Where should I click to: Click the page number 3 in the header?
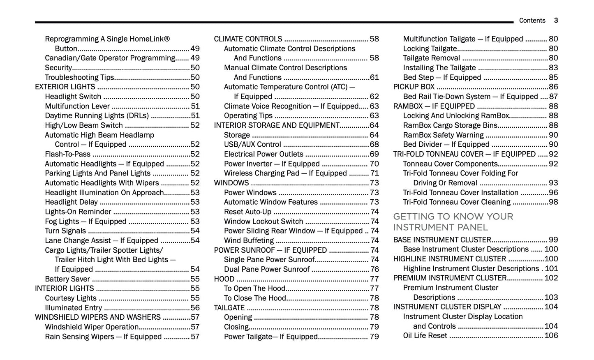[556, 21]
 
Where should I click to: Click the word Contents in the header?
[532, 21]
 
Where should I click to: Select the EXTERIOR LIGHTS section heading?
[65, 87]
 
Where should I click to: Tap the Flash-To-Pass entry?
[67, 154]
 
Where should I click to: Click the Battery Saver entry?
[67, 279]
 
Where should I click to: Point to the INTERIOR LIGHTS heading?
[64, 288]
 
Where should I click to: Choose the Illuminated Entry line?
[73, 308]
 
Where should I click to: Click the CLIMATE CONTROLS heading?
[248, 39]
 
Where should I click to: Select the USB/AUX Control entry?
[252, 144]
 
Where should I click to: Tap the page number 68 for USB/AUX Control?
[374, 144]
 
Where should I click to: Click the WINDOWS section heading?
[231, 183]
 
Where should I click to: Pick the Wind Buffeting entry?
[249, 240]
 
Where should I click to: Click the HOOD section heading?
[224, 279]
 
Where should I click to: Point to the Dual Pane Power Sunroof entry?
[266, 269]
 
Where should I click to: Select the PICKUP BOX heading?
[414, 87]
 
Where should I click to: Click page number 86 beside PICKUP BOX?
[553, 87]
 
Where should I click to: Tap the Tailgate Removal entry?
[431, 58]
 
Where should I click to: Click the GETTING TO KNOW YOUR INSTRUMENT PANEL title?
[453, 222]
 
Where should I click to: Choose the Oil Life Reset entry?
[425, 336]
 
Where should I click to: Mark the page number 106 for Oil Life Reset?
[551, 336]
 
